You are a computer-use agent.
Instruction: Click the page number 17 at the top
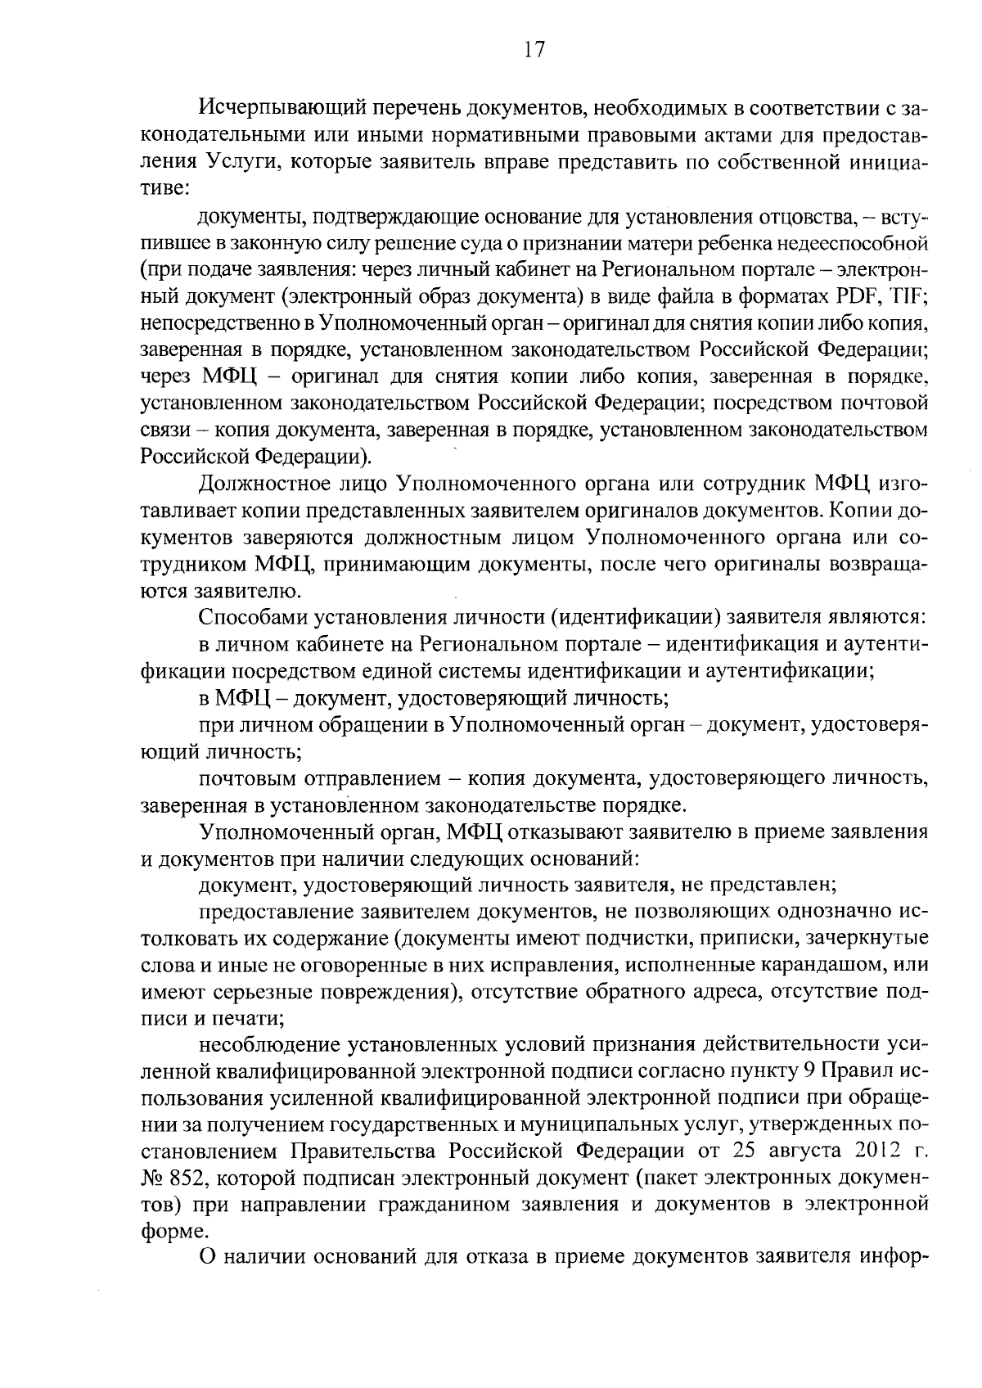[534, 50]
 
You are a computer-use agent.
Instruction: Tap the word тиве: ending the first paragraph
[165, 188]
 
